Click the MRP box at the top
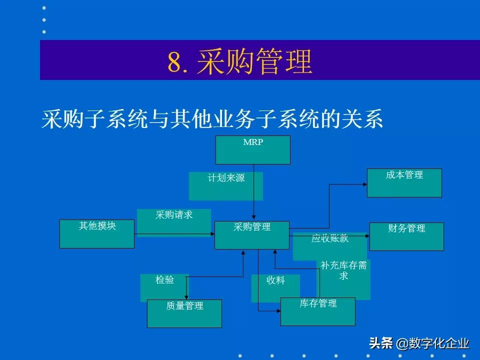pos(252,150)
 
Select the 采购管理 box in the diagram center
pos(252,235)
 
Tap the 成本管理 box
pos(404,182)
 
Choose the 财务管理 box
pos(406,236)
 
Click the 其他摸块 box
pos(97,234)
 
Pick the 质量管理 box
pos(184,313)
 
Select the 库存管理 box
pos(318,311)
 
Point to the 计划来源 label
pos(226,178)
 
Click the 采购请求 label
pos(174,215)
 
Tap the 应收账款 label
pos(330,239)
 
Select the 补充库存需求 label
pos(343,270)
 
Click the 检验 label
pos(164,280)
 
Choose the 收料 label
pos(275,281)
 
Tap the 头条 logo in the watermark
pos(381,343)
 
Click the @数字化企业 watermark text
pos(433,343)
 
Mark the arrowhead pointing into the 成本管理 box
pos(364,184)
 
